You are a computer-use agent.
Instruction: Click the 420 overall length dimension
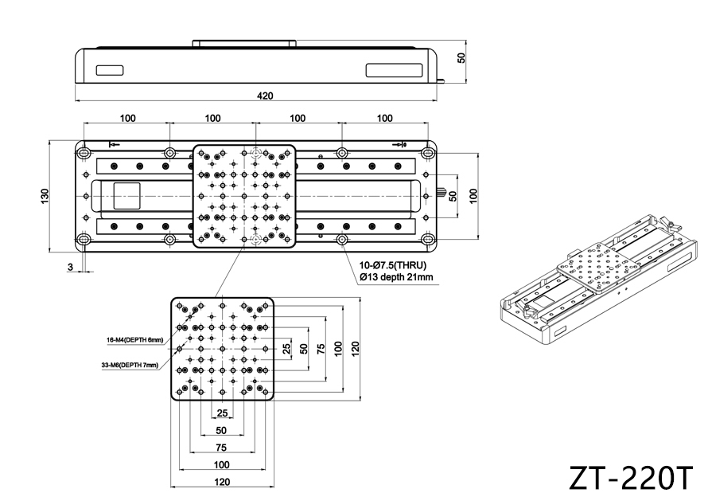point(265,96)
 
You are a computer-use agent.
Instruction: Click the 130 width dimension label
point(45,196)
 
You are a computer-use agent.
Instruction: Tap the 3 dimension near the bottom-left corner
point(70,267)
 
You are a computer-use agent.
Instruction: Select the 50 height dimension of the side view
point(461,58)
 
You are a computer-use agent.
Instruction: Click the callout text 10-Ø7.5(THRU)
point(393,265)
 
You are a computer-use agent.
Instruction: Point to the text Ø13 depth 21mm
point(396,276)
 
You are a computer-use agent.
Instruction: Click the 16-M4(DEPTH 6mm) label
point(134,340)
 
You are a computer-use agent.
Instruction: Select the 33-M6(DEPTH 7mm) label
point(130,365)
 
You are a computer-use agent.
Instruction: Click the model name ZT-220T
point(630,478)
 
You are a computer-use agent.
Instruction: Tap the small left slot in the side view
point(110,71)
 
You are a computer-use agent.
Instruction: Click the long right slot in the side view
point(395,70)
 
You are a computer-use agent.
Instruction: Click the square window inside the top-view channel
point(126,196)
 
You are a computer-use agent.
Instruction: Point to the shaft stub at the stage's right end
point(442,195)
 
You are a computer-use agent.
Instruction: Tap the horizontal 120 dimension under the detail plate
point(222,482)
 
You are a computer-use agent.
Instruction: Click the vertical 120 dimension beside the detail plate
point(355,349)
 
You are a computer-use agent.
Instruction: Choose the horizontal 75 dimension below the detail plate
point(221,448)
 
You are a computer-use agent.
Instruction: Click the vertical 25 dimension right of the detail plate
point(286,348)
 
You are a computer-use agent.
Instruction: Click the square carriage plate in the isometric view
point(598,268)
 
